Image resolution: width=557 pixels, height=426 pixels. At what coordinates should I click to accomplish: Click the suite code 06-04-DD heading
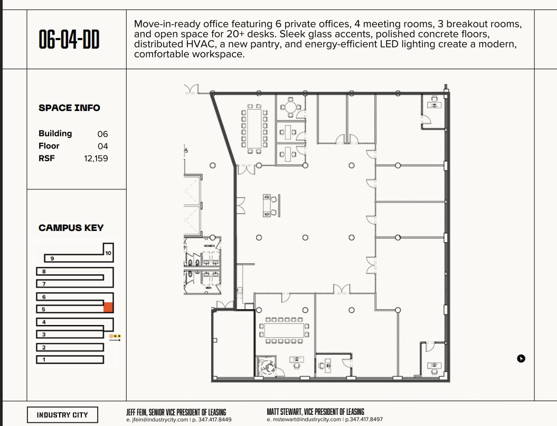(x=69, y=40)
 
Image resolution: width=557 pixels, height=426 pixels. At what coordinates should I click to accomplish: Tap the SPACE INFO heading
(x=69, y=108)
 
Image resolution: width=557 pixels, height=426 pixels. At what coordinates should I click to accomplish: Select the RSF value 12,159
(x=96, y=158)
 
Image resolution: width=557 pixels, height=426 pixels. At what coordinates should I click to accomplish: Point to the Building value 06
(x=102, y=134)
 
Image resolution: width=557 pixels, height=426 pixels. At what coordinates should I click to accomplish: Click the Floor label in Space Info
(x=49, y=146)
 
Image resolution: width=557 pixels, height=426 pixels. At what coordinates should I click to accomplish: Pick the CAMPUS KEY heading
(x=71, y=228)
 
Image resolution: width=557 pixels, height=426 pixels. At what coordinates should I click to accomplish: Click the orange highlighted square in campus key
(x=108, y=308)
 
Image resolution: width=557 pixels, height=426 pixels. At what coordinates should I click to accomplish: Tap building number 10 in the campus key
(x=108, y=253)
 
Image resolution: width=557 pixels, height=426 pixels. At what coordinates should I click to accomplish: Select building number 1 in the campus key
(x=44, y=360)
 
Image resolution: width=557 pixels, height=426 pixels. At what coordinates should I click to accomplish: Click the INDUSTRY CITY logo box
(x=62, y=415)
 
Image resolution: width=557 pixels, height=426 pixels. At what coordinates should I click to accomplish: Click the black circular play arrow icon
(x=521, y=359)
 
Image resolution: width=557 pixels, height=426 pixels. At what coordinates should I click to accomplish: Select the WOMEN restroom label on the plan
(x=209, y=246)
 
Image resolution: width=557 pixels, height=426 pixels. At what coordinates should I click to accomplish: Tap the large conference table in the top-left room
(x=254, y=127)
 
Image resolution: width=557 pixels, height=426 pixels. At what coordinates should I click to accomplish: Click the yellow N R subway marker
(x=115, y=336)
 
